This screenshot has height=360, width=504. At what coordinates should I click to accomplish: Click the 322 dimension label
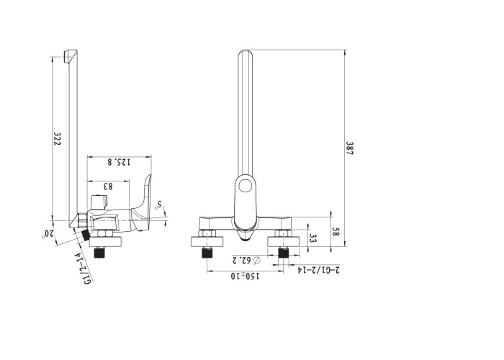[57, 139]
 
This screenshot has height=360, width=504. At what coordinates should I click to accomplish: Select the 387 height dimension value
[349, 148]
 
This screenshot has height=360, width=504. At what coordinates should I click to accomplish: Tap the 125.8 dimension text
[120, 162]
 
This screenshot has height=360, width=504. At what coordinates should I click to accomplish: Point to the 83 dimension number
[108, 186]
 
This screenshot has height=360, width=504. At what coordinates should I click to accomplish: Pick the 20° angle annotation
[48, 234]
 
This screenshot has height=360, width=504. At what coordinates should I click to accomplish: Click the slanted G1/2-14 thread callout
[83, 268]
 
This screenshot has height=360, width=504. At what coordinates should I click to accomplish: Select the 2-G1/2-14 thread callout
[318, 270]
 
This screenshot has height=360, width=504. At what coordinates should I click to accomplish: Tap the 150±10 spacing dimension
[245, 276]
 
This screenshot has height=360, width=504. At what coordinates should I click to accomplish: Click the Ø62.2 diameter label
[246, 260]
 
